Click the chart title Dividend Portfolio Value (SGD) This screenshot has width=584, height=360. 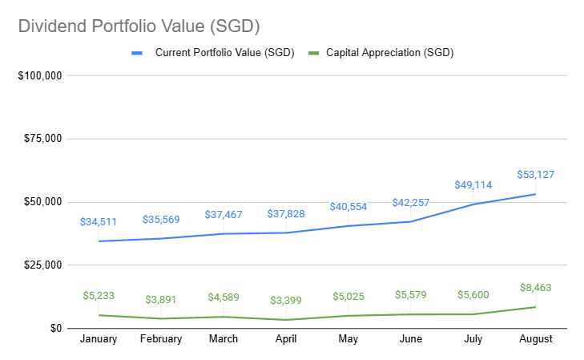click(x=139, y=26)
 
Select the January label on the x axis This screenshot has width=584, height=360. click(x=99, y=339)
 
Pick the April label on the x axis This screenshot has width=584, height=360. click(x=286, y=339)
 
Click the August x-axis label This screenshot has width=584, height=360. click(x=536, y=339)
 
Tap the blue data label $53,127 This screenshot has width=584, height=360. click(x=536, y=174)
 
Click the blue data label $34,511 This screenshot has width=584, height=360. click(x=99, y=221)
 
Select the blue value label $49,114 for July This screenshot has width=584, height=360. click(x=473, y=184)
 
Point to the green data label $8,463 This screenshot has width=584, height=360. click(x=536, y=287)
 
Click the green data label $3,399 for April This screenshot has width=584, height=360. click(x=286, y=300)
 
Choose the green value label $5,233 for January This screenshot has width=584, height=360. click(x=99, y=295)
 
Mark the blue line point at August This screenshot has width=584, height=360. click(x=536, y=194)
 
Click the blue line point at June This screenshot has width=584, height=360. click(x=411, y=221)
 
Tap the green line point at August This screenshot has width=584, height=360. click(x=536, y=307)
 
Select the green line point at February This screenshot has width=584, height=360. click(x=161, y=318)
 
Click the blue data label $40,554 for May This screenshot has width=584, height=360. click(x=348, y=206)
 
